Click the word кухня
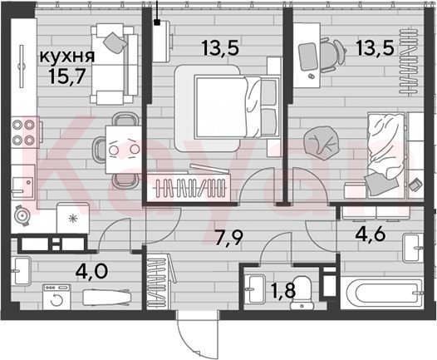67,57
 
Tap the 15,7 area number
66,76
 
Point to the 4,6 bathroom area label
371,234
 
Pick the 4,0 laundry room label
91,270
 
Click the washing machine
56,297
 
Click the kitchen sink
23,181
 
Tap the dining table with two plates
124,150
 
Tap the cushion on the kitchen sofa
115,42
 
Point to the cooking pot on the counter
22,216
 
